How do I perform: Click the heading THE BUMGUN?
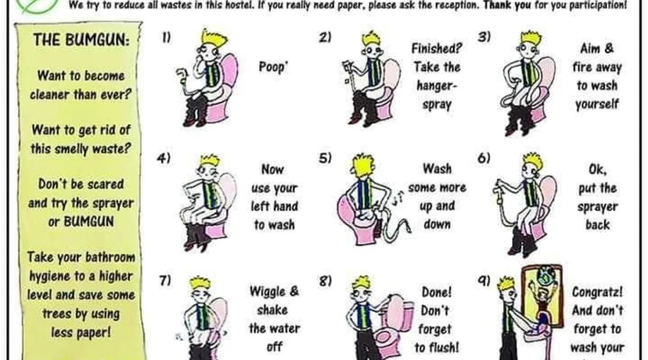pyautogui.click(x=81, y=40)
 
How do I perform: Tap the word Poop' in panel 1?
pyautogui.click(x=273, y=67)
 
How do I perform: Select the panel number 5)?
pyautogui.click(x=325, y=158)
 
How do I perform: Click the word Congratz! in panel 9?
pyautogui.click(x=597, y=292)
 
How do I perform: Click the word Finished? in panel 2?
pyautogui.click(x=437, y=48)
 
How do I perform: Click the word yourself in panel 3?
pyautogui.click(x=597, y=104)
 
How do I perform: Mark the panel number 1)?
pyautogui.click(x=166, y=37)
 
